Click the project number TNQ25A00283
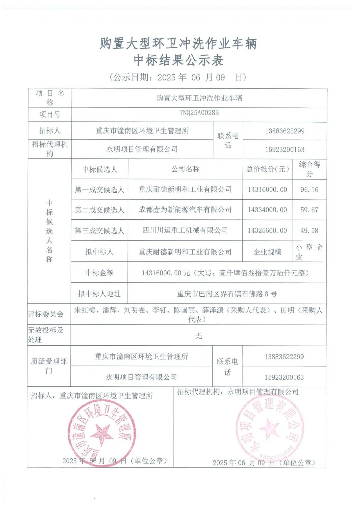coord(199,113)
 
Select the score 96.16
coord(309,190)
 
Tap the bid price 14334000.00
coord(267,210)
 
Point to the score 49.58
coord(309,231)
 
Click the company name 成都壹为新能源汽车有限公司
coord(185,210)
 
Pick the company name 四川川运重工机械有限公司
coord(185,230)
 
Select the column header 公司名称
coord(185,169)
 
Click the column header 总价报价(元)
coord(267,169)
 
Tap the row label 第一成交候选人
coord(99,190)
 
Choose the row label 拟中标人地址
coord(99,294)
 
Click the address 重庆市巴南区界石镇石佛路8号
coord(227,294)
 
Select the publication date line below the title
coord(178,78)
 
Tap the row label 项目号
coord(50,115)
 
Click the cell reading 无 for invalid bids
coord(198,336)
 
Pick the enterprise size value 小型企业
coord(309,252)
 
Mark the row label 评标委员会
coord(46,314)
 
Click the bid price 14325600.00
coord(267,231)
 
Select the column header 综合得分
coord(309,169)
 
